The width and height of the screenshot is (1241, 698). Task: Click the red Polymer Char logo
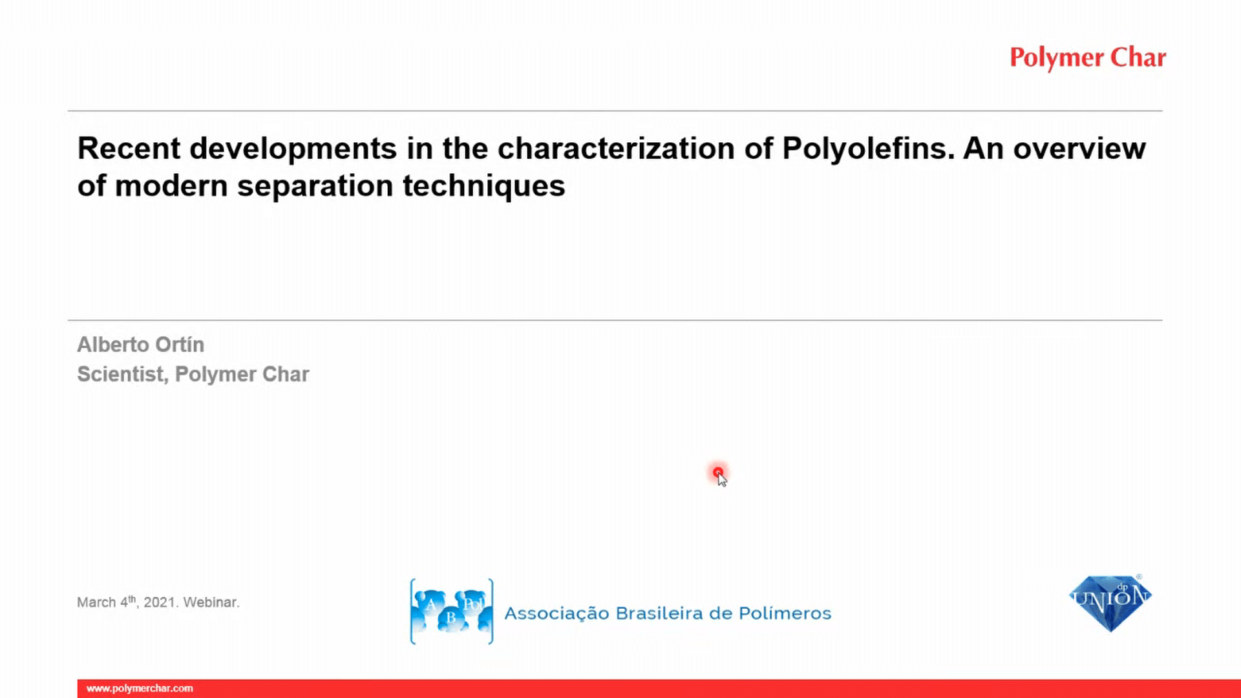(1088, 58)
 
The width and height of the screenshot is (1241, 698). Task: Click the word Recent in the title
(129, 148)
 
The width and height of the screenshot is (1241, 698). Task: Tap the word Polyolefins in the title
(868, 149)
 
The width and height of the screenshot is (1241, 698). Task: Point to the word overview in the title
(1079, 148)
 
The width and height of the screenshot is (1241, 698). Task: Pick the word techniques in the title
(484, 186)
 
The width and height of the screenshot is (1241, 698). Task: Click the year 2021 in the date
(160, 602)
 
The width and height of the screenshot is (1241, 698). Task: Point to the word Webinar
(211, 602)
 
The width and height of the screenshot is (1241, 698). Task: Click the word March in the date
(96, 602)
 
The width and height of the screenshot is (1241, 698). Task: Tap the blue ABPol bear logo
(452, 611)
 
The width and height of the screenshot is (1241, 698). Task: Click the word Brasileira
(659, 613)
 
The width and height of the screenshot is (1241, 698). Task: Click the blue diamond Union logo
(1110, 602)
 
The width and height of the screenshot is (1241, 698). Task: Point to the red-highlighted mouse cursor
(719, 475)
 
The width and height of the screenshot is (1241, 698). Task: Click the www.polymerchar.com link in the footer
(140, 688)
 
